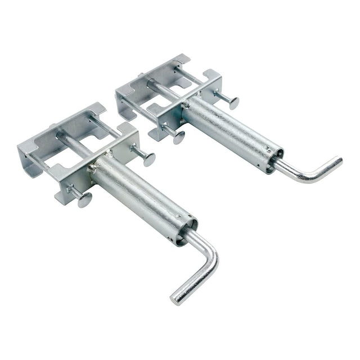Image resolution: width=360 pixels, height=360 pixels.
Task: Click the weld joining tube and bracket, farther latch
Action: coord(185,101)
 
